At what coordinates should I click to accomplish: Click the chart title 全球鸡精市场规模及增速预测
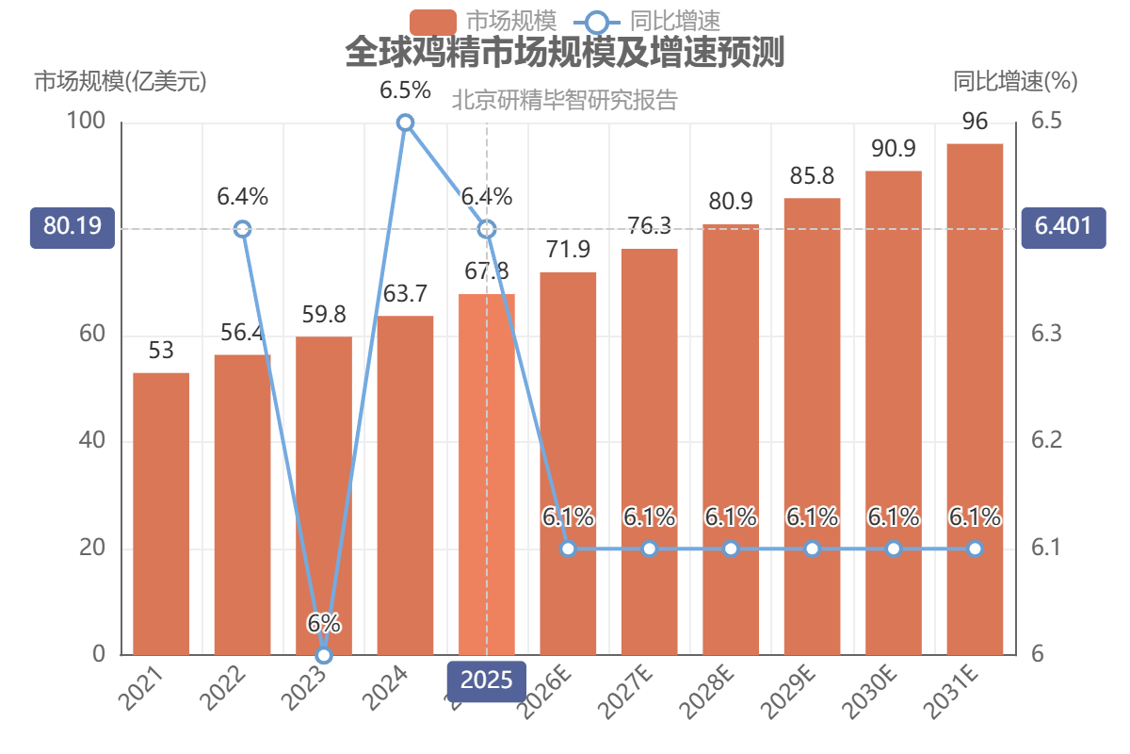pyautogui.click(x=564, y=52)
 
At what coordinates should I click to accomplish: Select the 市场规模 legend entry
pyautogui.click(x=483, y=22)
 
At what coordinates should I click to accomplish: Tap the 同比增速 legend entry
pyautogui.click(x=647, y=22)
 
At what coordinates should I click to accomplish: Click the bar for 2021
pyautogui.click(x=161, y=514)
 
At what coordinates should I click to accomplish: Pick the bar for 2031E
pyautogui.click(x=975, y=400)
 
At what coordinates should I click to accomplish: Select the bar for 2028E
pyautogui.click(x=731, y=440)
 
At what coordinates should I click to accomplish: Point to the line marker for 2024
pyautogui.click(x=405, y=123)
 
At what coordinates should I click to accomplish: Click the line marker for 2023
pyautogui.click(x=324, y=655)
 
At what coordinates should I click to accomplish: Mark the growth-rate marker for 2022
pyautogui.click(x=243, y=229)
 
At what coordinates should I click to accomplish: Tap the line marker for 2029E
pyautogui.click(x=812, y=549)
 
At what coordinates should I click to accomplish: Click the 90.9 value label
pyautogui.click(x=894, y=149)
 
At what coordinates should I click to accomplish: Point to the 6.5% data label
pyautogui.click(x=405, y=90)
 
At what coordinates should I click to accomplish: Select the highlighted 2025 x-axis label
pyautogui.click(x=486, y=680)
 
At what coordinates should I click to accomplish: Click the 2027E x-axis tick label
pyautogui.click(x=626, y=692)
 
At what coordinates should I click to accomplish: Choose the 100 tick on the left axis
pyautogui.click(x=86, y=121)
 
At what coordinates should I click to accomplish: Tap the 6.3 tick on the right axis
pyautogui.click(x=1046, y=334)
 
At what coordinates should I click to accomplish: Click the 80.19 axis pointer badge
pyautogui.click(x=73, y=228)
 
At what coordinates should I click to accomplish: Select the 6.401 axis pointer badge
pyautogui.click(x=1063, y=228)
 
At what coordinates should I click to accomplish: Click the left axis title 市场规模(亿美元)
pyautogui.click(x=121, y=81)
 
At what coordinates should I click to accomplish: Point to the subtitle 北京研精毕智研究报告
pyautogui.click(x=564, y=100)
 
